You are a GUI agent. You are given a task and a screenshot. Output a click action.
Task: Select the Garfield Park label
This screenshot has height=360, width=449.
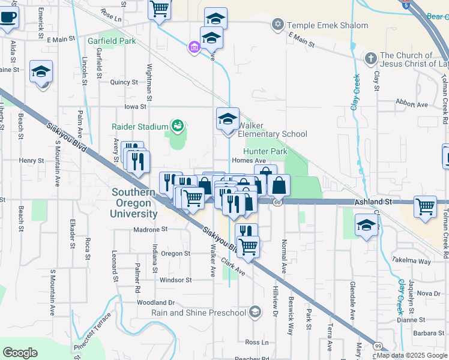(112, 41)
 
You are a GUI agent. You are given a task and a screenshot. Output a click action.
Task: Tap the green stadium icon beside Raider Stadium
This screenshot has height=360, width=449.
(177, 125)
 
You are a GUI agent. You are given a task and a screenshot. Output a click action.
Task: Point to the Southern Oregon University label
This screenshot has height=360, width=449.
(134, 203)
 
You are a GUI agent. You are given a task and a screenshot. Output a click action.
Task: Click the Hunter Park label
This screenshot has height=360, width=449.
(262, 152)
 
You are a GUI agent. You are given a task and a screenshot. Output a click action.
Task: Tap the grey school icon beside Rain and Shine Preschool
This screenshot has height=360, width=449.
(255, 311)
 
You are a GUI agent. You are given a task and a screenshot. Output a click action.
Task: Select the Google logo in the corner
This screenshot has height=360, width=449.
(20, 353)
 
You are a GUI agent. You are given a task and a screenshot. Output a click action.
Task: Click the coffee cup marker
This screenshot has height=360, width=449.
(8, 17)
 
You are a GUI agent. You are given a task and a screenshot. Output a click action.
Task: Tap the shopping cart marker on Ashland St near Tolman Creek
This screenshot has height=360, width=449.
(425, 206)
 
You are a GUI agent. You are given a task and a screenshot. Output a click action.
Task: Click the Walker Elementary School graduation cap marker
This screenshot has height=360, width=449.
(228, 119)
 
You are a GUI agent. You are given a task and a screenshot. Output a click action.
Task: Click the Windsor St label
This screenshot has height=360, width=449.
(175, 280)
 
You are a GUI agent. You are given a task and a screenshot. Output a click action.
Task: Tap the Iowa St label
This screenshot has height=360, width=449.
(135, 106)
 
